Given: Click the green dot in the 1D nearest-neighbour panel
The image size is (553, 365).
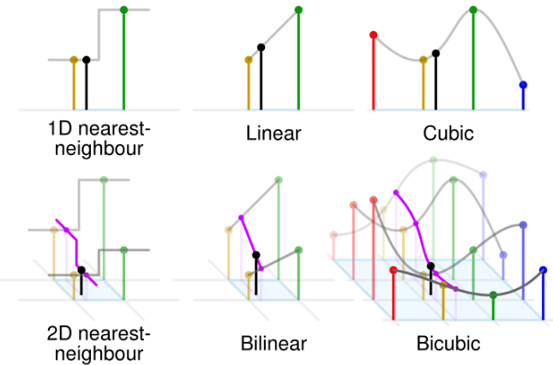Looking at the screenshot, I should coord(124,9).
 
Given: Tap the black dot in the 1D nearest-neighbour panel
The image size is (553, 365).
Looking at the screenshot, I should coord(87,60).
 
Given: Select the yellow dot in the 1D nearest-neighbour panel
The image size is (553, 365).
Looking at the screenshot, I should coord(74,60).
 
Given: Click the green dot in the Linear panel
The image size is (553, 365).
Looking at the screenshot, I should coord(298,9).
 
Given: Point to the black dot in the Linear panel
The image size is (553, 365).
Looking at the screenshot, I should coord(261,47).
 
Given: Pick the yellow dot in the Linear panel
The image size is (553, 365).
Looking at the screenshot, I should coord(249,60).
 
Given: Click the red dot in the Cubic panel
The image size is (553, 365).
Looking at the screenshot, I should coord(373,35).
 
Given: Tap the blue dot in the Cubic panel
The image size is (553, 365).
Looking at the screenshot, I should coord(523,85).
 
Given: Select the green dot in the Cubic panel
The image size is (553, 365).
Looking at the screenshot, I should coord(473,9).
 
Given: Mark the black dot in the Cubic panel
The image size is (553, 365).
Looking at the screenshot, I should coord(436,53).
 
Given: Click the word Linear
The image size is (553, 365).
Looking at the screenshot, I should coord(273,135).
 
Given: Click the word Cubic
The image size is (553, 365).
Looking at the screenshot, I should coord(448,135).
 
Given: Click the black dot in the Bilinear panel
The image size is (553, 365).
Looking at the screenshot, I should coord(255,254).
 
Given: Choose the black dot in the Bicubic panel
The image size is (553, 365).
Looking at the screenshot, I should coord(431,266).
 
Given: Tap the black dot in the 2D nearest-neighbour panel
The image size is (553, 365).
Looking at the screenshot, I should coord(81,270).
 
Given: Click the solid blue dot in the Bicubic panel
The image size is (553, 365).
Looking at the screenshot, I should coord(543,269).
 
